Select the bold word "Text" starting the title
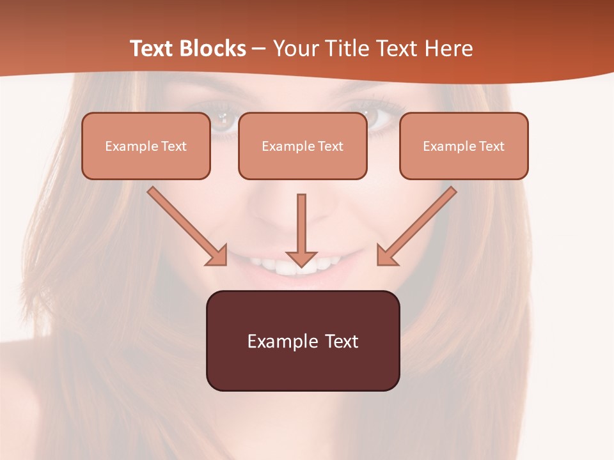153,49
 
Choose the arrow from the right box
418,225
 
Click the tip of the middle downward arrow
301,264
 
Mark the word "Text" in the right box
491,146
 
